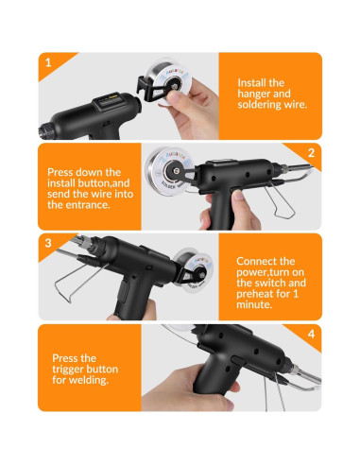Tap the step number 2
pyautogui.click(x=310, y=153)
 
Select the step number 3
pyautogui.click(x=46, y=243)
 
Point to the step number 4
pyautogui.click(x=310, y=334)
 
